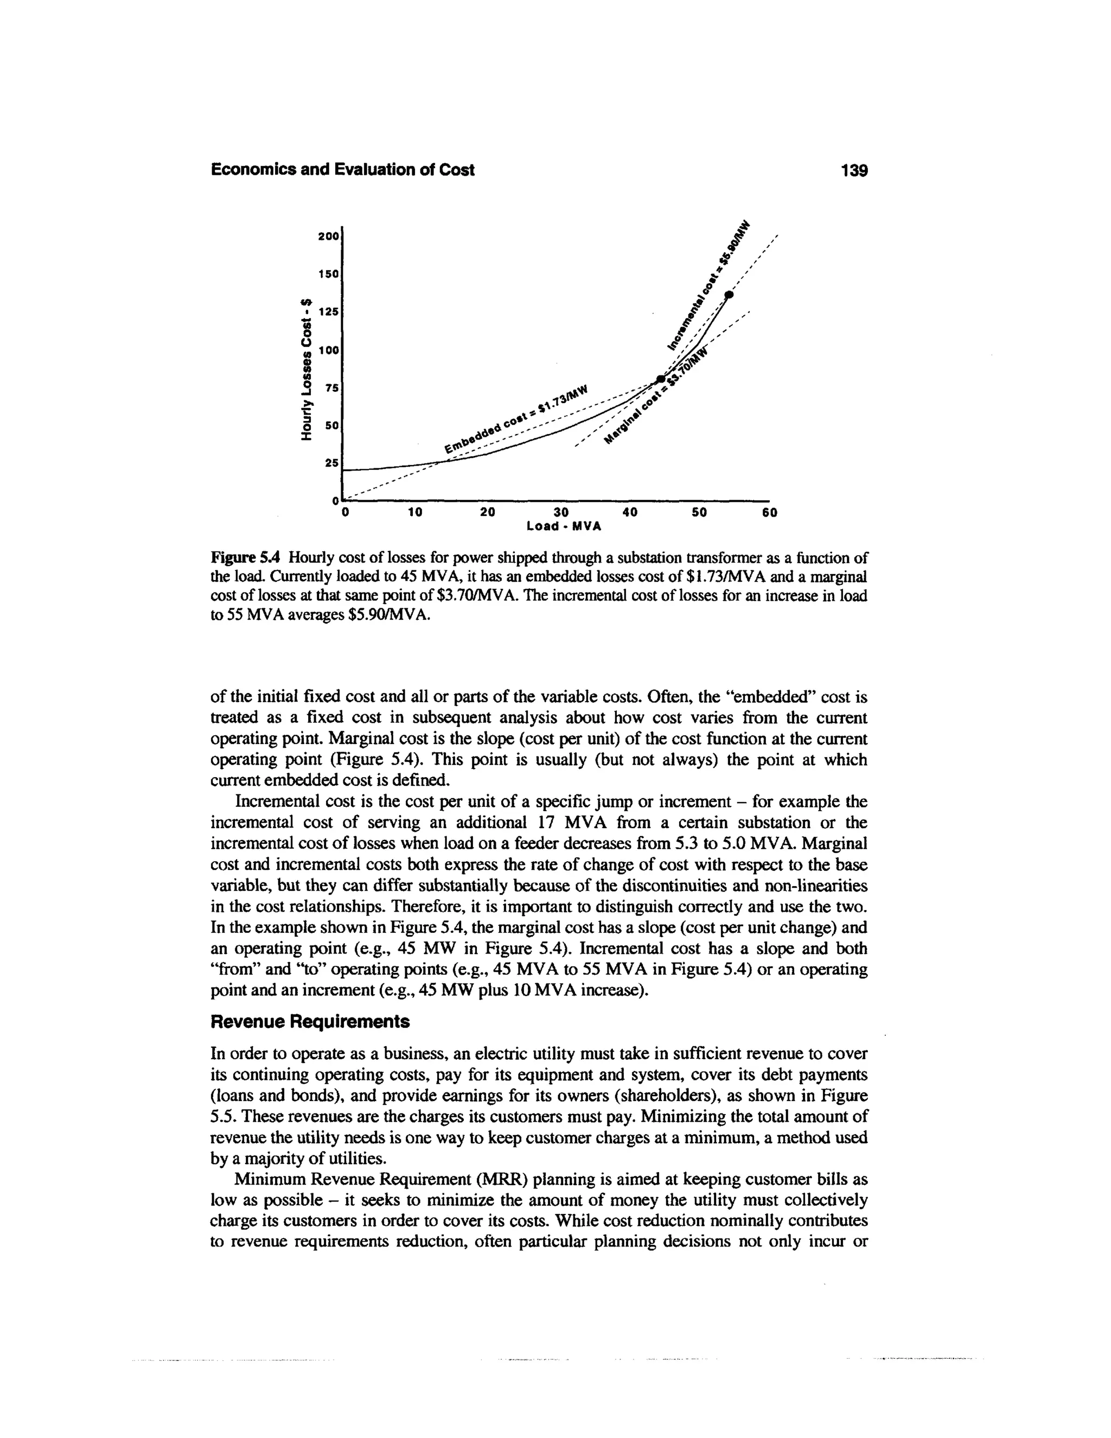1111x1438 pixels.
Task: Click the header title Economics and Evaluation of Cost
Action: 342,170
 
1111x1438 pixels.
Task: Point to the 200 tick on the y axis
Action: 328,236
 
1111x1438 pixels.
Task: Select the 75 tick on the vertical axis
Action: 331,388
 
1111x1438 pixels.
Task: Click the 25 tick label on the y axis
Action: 331,463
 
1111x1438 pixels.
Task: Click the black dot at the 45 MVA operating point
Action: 661,379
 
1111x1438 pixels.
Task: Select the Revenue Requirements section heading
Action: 309,1021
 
